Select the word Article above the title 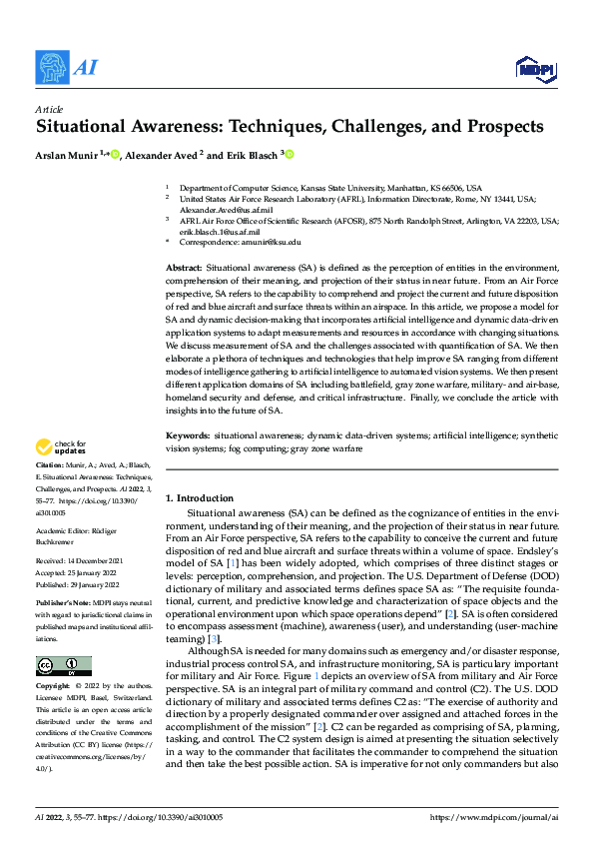tap(49, 110)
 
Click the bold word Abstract tap(183, 270)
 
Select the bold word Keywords tap(187, 436)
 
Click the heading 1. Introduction tap(199, 498)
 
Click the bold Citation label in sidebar tap(49, 466)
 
